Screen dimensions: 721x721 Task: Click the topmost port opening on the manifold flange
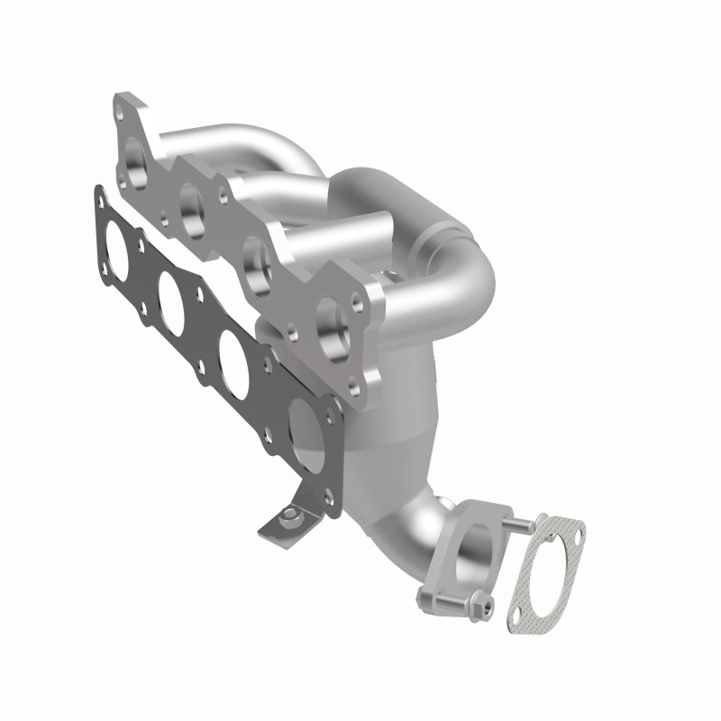tap(136, 159)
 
